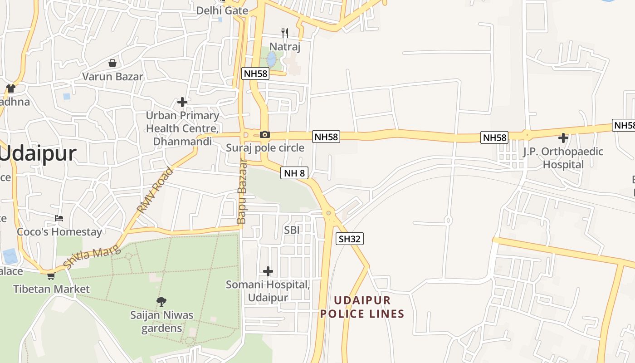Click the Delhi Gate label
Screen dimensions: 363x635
(x=222, y=10)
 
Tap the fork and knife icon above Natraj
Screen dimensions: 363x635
(x=285, y=33)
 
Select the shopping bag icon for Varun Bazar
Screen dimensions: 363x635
(x=112, y=63)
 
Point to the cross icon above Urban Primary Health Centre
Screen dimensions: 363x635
(x=182, y=102)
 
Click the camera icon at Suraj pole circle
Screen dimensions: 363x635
(x=265, y=134)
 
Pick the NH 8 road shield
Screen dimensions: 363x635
(x=294, y=172)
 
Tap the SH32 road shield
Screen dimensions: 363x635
(x=350, y=239)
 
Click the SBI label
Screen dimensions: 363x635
(x=292, y=230)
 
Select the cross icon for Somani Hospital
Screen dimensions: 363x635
(x=268, y=271)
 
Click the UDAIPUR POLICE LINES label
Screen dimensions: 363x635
(x=362, y=307)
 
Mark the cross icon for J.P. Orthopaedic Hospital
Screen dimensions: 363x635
(x=563, y=138)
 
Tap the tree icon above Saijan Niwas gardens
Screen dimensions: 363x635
(x=161, y=301)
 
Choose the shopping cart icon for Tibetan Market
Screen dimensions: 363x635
(x=51, y=276)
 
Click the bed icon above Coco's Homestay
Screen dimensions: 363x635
(x=59, y=218)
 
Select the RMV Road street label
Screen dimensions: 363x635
(x=156, y=191)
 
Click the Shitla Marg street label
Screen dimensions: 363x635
(x=92, y=257)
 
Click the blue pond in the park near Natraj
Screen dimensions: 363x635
(x=271, y=59)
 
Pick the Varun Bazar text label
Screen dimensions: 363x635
(x=112, y=76)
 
